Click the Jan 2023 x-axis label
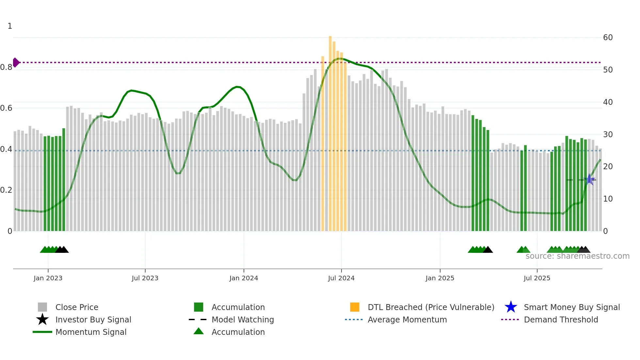coord(48,278)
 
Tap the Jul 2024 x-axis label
coord(341,278)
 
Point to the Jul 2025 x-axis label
coord(537,278)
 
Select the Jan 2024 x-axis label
coord(244,278)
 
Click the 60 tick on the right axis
coord(608,38)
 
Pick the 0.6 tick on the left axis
coord(6,108)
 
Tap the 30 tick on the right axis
coord(608,134)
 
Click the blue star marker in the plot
coord(589,179)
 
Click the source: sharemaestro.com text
coord(577,256)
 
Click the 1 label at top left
coord(10,26)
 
